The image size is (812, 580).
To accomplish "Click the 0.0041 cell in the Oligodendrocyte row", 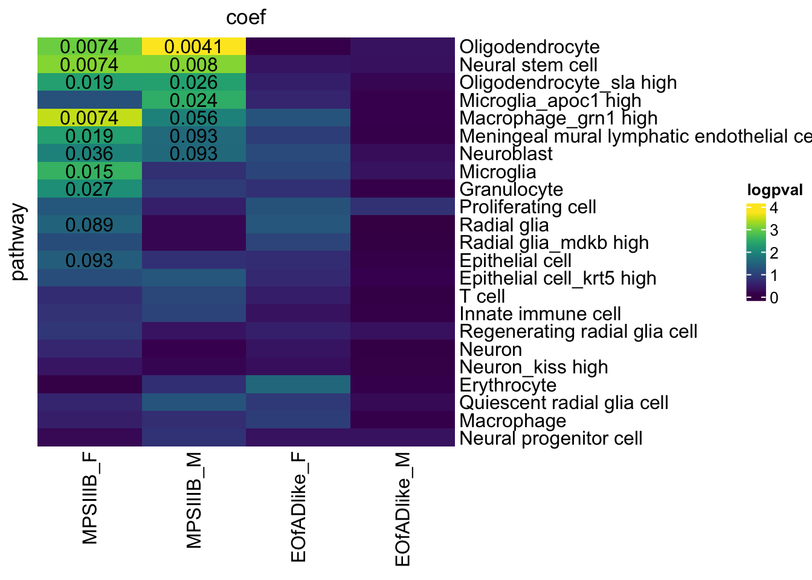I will (x=193, y=47).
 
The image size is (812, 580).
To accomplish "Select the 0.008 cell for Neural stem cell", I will (x=193, y=65).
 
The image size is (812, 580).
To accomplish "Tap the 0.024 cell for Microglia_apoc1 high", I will (x=193, y=100).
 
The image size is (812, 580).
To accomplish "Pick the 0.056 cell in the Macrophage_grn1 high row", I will (x=193, y=118).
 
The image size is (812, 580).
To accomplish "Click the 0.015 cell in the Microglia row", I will (x=89, y=172).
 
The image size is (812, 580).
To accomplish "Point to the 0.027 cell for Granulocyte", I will (x=89, y=189).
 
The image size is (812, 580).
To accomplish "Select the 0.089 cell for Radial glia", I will (x=89, y=225).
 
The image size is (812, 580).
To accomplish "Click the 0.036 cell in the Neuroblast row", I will (x=89, y=153).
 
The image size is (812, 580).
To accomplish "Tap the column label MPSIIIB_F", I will (x=89, y=499).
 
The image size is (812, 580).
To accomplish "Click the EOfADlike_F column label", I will (x=298, y=508).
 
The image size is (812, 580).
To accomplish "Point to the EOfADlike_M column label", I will (x=402, y=509).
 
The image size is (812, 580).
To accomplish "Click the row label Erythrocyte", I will (x=508, y=385).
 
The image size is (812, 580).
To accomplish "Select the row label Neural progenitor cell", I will (x=551, y=438).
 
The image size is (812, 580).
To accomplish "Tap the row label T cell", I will (x=482, y=296).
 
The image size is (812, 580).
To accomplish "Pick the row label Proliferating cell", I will (x=528, y=207).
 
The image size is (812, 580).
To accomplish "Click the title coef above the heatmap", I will (x=246, y=18).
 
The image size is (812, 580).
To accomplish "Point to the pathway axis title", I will (x=18, y=242).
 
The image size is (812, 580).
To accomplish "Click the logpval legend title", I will (x=775, y=190).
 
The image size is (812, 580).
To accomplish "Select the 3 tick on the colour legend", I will (x=774, y=230).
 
